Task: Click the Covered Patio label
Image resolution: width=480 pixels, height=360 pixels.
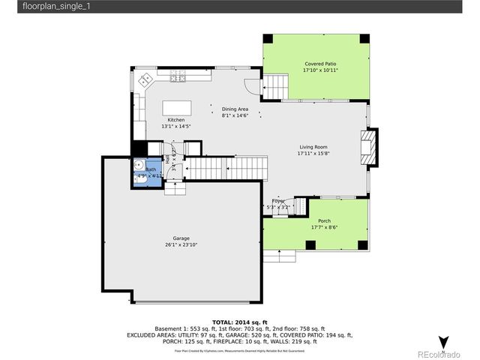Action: point(320,64)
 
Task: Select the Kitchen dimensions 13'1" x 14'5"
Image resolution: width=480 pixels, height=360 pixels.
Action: point(176,126)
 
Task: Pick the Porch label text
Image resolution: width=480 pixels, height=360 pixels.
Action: point(324,220)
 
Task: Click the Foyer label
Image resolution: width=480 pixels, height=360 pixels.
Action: point(277,201)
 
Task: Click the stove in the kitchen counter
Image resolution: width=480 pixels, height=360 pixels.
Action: point(178,77)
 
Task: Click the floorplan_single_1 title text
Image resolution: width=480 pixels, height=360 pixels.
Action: point(37,6)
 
